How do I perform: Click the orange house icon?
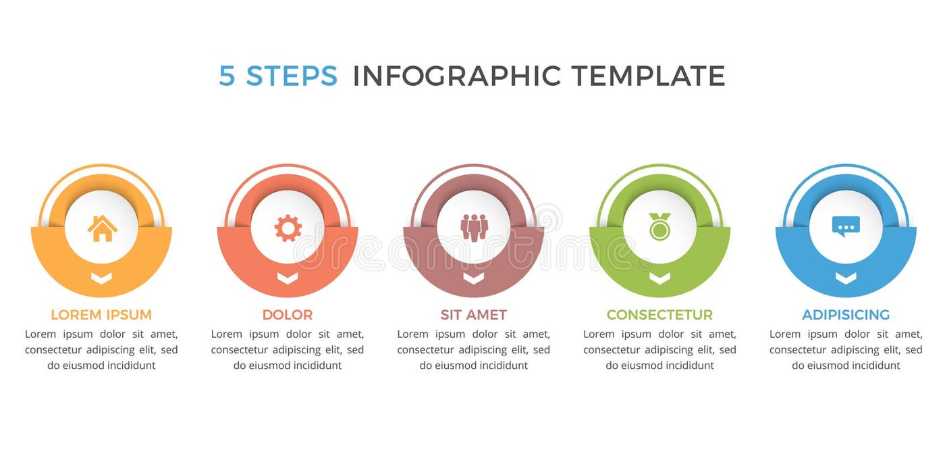tap(102, 228)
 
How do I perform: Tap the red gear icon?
tap(288, 228)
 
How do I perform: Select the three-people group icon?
tap(474, 228)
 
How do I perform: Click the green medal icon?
tap(659, 227)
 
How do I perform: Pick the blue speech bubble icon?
tap(846, 226)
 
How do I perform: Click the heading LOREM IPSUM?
tap(101, 315)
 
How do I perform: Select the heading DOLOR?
tap(288, 315)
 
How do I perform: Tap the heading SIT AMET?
tap(474, 315)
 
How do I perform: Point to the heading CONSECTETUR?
tap(659, 315)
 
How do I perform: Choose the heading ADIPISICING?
tap(846, 315)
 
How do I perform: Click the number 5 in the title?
tap(227, 76)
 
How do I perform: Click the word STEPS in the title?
tap(292, 76)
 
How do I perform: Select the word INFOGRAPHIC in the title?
tap(457, 76)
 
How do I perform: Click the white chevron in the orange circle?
tap(101, 278)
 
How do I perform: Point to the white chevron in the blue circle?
tap(846, 278)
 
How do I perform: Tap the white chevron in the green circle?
tap(659, 278)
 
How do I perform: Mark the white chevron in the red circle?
tap(288, 278)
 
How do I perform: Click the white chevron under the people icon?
tap(474, 278)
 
